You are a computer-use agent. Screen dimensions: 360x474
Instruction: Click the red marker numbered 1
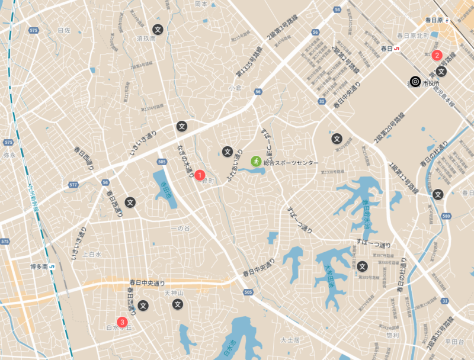[200, 175]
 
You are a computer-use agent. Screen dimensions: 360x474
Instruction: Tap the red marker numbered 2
[437, 56]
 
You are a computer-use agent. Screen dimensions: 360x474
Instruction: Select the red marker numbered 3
[122, 322]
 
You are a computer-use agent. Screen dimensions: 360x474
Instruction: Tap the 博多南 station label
[40, 267]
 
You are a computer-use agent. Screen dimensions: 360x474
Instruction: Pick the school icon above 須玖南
[158, 28]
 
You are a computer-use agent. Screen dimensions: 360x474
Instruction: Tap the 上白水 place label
[92, 254]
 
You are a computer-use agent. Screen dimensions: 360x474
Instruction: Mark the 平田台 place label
[459, 343]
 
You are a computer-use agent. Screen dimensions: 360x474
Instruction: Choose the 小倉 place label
[235, 88]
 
